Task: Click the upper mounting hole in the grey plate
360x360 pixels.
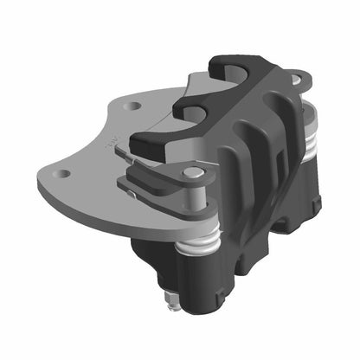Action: click(x=132, y=106)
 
